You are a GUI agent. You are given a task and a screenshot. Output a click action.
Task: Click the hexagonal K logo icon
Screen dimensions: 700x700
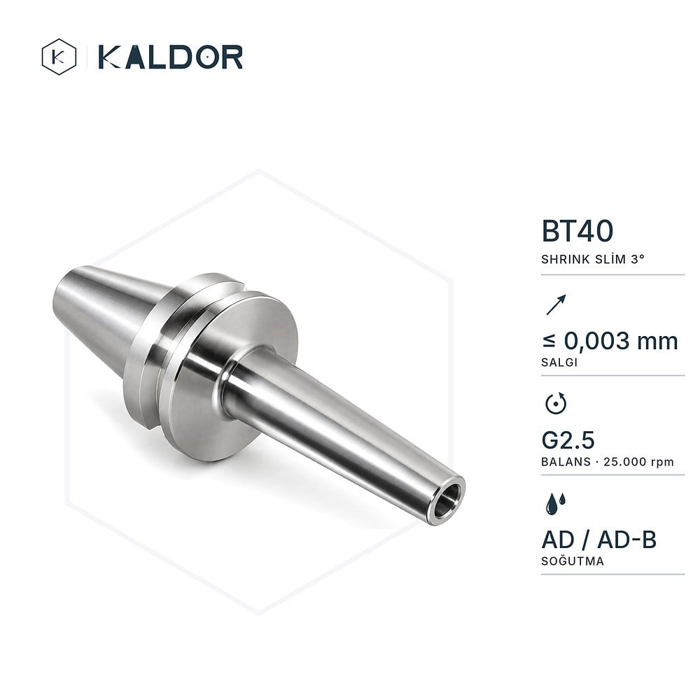pos(59,57)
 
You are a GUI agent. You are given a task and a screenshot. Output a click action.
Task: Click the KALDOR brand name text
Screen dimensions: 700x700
pos(170,57)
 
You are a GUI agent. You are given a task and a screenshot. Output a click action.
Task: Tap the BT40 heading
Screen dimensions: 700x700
pos(577,231)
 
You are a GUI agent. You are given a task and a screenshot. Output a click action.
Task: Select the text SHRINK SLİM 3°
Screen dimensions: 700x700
pos(593,260)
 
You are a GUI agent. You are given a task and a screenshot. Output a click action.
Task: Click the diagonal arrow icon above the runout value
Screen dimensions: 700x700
pos(556,304)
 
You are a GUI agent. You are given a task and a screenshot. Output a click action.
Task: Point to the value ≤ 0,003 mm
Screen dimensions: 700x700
pos(610,341)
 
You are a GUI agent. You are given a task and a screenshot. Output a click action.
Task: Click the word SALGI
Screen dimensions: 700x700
pos(559,363)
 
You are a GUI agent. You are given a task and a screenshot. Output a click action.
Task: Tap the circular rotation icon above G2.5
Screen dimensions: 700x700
pos(556,404)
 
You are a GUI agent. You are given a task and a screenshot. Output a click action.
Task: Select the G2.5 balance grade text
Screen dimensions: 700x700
pos(568,440)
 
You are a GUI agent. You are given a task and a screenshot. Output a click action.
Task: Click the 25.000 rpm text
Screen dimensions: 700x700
pos(638,462)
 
